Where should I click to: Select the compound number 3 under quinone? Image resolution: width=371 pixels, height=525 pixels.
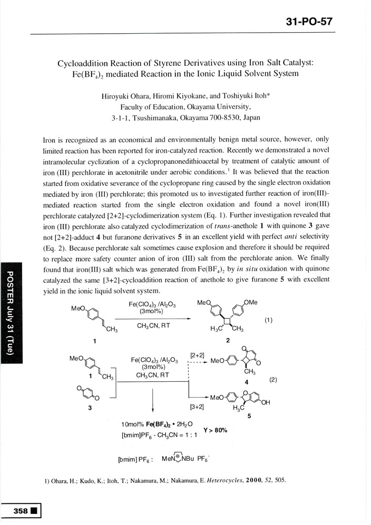[x=90, y=408]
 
